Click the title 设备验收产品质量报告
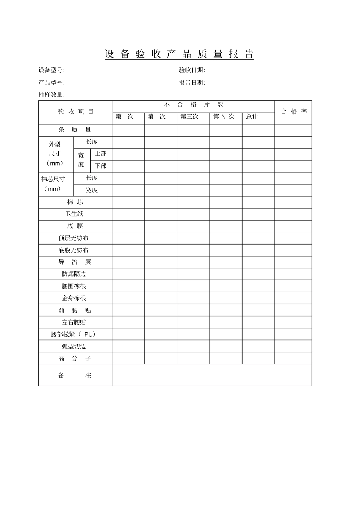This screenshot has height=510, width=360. coord(179,54)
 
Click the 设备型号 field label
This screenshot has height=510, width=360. coord(52,70)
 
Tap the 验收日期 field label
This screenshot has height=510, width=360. coord(192,70)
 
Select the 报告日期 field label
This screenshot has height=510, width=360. coord(192,83)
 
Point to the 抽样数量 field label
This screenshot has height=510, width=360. coord(52,95)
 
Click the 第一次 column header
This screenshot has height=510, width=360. coord(125,117)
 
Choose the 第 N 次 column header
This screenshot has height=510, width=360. coord(224,117)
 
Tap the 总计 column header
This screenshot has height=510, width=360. coord(252,117)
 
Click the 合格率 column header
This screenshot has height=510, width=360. coord(294,112)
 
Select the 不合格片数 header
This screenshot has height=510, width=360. coord(194,105)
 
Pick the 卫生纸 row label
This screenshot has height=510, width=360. coord(74,214)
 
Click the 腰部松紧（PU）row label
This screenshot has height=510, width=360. coord(74,334)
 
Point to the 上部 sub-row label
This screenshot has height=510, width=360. coord(101,154)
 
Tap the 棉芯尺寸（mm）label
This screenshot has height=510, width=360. coord(53,184)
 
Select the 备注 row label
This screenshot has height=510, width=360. coord(75,375)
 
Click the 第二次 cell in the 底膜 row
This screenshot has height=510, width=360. coord(161,226)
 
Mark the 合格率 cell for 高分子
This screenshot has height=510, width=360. coord(293,358)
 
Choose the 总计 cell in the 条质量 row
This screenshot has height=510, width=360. coord(258,130)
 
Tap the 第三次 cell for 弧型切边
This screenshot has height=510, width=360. coord(193,346)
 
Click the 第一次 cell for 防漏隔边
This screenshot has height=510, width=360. coord(128,274)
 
